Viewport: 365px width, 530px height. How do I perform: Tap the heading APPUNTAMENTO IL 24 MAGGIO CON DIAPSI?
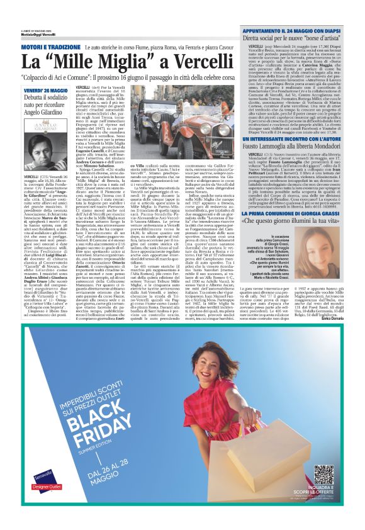[292, 29]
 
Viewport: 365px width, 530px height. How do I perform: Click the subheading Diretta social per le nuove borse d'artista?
[293, 38]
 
